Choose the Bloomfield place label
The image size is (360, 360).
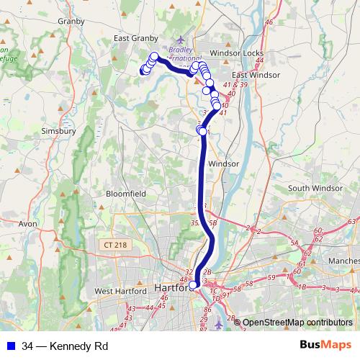(125, 194)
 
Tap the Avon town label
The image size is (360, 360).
(27, 224)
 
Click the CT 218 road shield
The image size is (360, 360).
(113, 246)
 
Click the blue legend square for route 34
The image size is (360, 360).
(10, 346)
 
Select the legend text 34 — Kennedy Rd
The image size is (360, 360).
(65, 346)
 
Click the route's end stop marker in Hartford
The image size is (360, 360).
(192, 285)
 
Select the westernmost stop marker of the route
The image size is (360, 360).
(143, 71)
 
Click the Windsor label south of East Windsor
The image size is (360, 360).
(222, 164)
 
